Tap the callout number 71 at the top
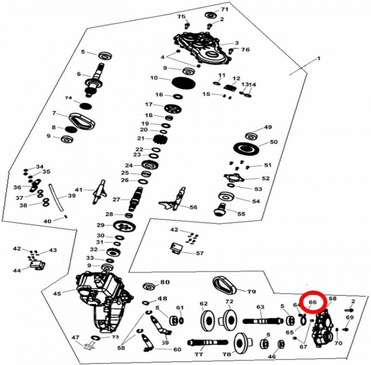pyautogui.click(x=225, y=10)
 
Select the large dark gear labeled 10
pyautogui.click(x=180, y=82)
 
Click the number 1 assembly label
pyautogui.click(x=318, y=59)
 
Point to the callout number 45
pyautogui.click(x=57, y=293)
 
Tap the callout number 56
pyautogui.click(x=193, y=207)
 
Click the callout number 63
pyautogui.click(x=260, y=307)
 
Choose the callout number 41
pyautogui.click(x=79, y=189)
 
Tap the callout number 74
pyautogui.click(x=68, y=98)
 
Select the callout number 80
pyautogui.click(x=165, y=282)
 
